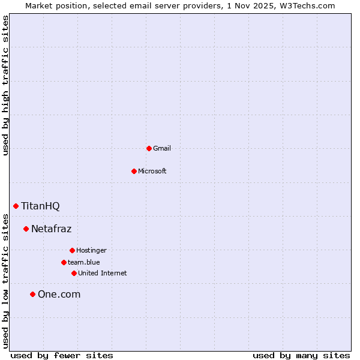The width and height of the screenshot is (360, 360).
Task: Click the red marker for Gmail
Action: [149, 148]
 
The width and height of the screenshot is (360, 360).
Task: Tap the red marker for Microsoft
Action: [134, 171]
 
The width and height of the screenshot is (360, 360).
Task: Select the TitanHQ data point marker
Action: [16, 206]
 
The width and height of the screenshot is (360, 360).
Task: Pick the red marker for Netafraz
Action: [26, 229]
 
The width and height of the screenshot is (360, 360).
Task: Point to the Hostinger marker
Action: [72, 250]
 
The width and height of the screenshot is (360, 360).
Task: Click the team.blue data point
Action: [64, 262]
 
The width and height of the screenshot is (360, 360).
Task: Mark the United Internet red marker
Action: [74, 273]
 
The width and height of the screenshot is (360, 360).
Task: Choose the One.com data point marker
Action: [32, 294]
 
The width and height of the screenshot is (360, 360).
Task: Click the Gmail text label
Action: [162, 148]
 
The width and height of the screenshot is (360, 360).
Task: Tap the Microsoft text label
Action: [152, 171]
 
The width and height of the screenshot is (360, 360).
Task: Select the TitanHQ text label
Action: [40, 206]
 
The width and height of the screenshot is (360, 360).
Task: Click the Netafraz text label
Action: [51, 229]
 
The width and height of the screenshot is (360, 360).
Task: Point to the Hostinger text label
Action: [91, 250]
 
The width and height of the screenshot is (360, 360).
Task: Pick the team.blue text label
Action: [84, 262]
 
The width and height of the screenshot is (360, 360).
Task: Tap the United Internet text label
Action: [103, 273]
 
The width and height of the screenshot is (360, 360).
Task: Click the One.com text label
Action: [59, 294]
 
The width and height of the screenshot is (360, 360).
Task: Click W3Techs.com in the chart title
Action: [307, 5]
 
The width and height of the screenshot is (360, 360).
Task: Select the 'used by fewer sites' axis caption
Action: [62, 355]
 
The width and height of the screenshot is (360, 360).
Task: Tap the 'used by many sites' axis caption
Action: [301, 355]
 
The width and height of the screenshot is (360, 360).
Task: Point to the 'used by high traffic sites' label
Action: [6, 85]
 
